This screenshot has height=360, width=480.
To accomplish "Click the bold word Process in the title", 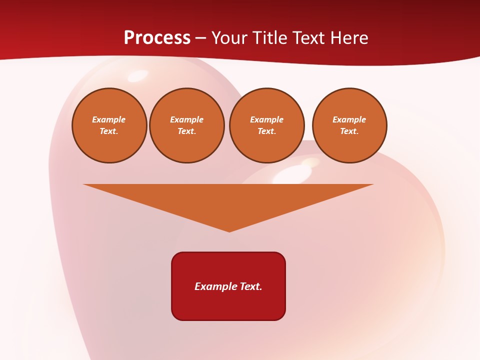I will [x=157, y=37].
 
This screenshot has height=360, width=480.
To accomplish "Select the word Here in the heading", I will [x=348, y=37].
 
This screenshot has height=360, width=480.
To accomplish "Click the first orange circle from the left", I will [x=109, y=125].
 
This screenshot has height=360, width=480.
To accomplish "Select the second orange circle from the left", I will [x=187, y=125].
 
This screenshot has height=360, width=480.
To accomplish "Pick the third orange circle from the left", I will [x=267, y=125].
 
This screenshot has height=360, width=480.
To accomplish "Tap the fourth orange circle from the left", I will [x=349, y=125].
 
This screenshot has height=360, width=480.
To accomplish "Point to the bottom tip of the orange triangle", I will [x=229, y=230].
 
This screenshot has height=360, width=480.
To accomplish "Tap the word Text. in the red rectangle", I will [x=251, y=286].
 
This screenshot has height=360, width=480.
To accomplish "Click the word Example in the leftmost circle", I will [x=109, y=119].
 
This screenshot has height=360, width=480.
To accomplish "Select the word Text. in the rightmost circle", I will [x=349, y=131].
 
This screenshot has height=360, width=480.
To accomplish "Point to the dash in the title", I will [x=201, y=38].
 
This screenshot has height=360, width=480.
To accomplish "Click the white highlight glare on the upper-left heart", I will [x=135, y=76].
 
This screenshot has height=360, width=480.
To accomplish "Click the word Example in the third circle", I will [x=267, y=119].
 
